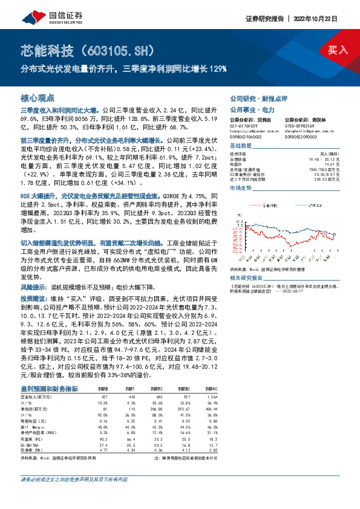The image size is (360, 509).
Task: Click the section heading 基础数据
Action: [243, 147]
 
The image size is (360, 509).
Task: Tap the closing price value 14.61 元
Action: [342, 163]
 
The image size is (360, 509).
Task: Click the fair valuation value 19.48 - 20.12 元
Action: [334, 158]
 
